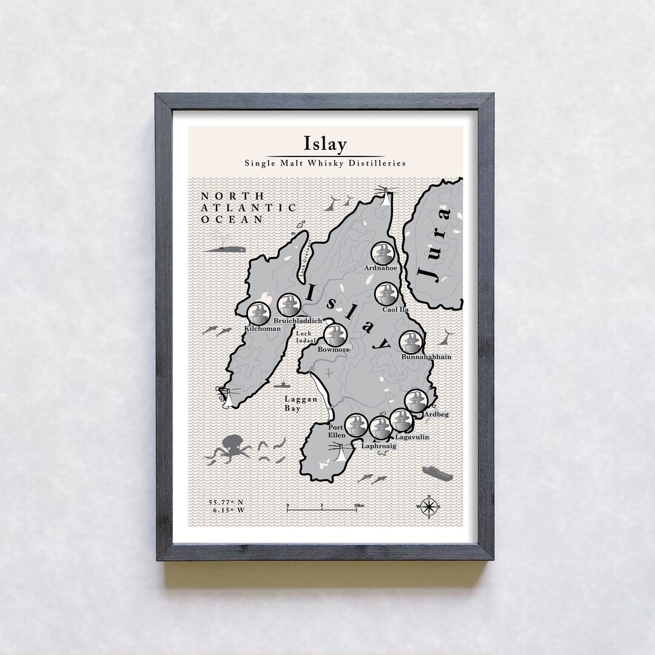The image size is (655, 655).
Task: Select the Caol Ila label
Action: coord(395,310)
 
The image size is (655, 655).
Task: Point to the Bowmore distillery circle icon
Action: coord(335,334)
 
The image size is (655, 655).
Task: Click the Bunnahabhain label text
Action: coord(426,357)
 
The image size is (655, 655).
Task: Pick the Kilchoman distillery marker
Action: coord(259,313)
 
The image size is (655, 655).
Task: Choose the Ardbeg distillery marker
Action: coord(416,400)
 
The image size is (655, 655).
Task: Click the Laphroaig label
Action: coord(378,446)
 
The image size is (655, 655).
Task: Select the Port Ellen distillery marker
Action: coord(355,425)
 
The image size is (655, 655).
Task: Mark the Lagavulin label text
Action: coord(412,437)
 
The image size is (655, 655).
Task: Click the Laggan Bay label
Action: coord(301,404)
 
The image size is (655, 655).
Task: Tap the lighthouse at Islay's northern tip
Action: coord(385,195)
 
